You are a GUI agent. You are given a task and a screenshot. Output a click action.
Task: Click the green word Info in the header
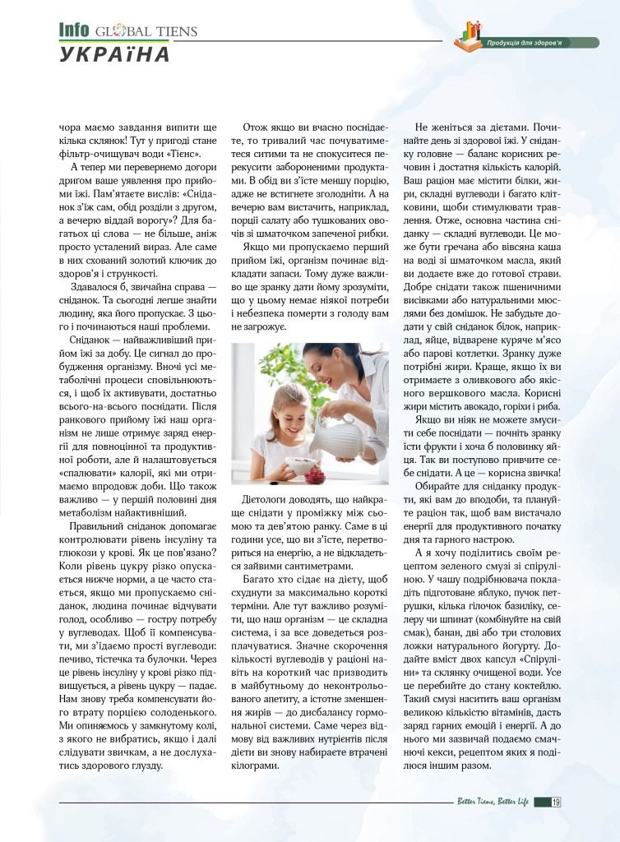click(74, 30)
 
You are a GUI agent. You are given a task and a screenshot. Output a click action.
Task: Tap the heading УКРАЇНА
click(114, 54)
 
